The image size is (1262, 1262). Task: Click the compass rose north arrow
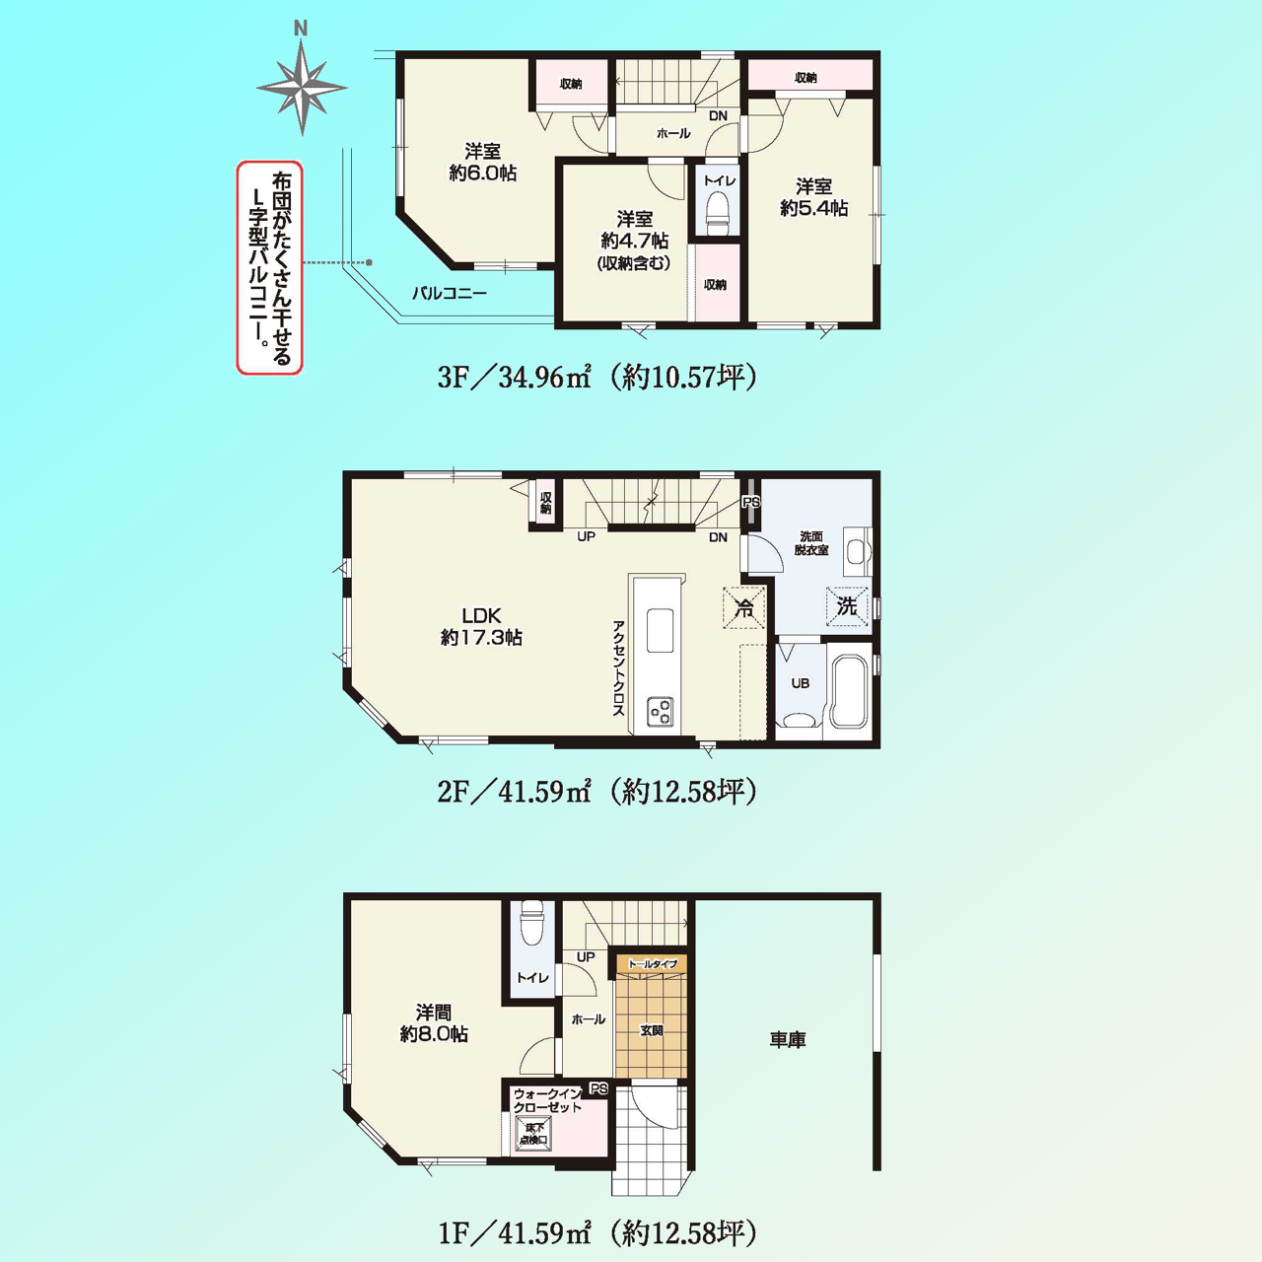(302, 87)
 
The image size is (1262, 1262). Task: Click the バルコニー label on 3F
(450, 293)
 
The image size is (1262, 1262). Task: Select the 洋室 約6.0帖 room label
(483, 163)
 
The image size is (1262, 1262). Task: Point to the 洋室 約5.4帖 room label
(814, 197)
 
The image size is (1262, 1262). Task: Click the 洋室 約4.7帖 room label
(634, 241)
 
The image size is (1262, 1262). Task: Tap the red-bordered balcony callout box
(270, 268)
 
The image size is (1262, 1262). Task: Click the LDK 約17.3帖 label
(481, 626)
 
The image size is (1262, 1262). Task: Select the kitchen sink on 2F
(661, 630)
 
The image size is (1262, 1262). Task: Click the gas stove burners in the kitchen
(661, 711)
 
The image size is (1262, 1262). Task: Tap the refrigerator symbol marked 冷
(744, 607)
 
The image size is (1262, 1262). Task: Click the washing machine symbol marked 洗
(847, 606)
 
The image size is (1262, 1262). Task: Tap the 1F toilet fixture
(531, 925)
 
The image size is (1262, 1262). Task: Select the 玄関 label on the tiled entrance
(651, 1030)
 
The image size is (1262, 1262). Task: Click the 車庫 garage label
(787, 1039)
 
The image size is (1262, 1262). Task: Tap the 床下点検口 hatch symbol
(533, 1133)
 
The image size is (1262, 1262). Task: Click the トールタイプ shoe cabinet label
(653, 964)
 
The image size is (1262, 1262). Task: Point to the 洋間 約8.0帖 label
(434, 1023)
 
